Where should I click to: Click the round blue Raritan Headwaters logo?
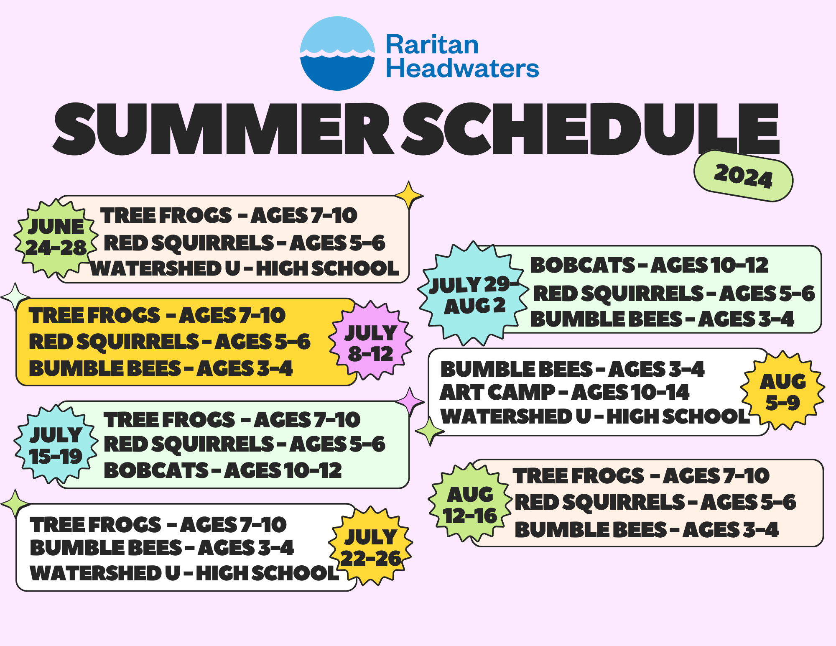click(337, 54)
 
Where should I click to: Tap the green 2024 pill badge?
click(743, 176)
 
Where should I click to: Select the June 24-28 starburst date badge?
click(56, 238)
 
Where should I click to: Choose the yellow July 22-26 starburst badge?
click(370, 546)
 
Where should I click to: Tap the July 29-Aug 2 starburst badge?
click(474, 294)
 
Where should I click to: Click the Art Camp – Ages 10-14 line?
click(564, 393)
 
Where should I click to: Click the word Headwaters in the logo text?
click(462, 68)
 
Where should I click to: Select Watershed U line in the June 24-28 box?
click(245, 268)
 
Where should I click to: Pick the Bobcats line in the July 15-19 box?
click(223, 470)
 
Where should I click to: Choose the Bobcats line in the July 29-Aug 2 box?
click(649, 265)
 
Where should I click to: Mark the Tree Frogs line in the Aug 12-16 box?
click(641, 476)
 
